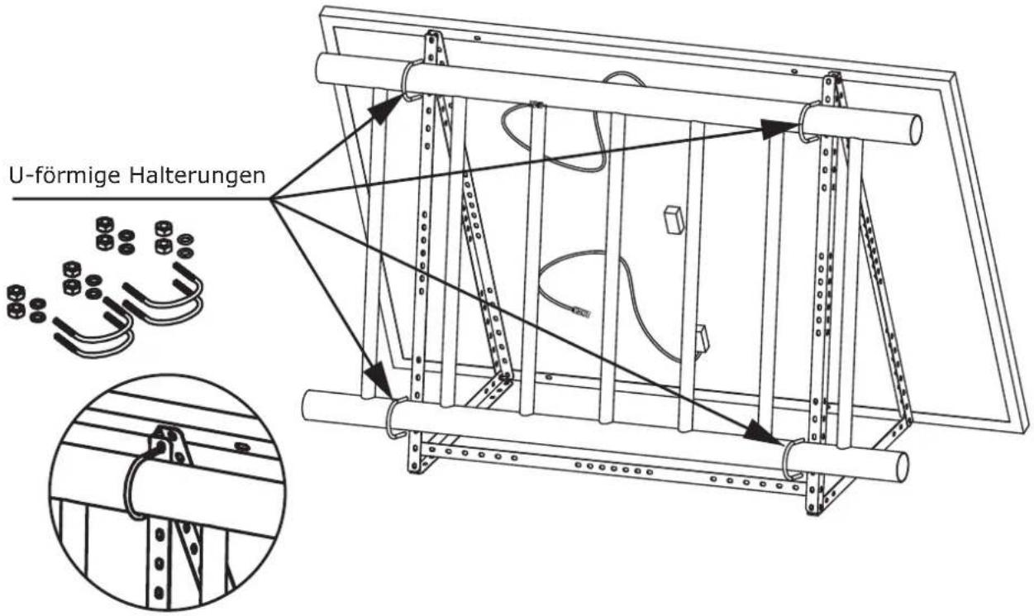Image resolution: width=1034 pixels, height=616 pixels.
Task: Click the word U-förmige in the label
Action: [x=65, y=175]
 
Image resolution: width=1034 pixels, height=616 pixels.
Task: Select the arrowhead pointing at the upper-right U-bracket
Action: [x=779, y=129]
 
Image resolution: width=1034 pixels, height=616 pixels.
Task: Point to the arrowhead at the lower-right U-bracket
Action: [x=764, y=433]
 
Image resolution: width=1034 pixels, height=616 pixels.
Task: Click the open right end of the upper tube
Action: [x=914, y=131]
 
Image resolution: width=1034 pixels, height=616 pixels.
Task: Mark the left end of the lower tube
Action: [x=306, y=405]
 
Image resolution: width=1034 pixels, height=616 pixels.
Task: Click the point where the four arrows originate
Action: [x=270, y=199]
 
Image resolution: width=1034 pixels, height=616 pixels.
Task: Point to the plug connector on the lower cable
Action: [x=581, y=312]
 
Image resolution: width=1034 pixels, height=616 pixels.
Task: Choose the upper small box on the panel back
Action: [x=674, y=221]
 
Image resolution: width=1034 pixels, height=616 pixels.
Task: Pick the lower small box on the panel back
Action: [x=702, y=341]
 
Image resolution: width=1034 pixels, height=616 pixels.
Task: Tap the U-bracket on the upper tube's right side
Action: [x=806, y=122]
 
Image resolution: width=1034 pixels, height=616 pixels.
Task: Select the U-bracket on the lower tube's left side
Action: [x=390, y=418]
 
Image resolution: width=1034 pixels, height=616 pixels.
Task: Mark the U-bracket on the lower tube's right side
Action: [x=789, y=459]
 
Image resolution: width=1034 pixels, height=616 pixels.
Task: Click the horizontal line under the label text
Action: [x=141, y=199]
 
